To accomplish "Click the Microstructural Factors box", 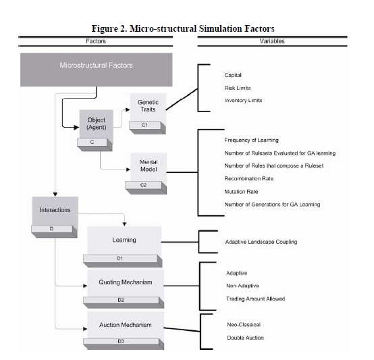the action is click(97, 70).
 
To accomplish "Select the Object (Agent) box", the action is click(97, 126).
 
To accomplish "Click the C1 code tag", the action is click(144, 125).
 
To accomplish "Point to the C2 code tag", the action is click(144, 185).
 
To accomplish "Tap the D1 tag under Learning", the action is click(120, 258).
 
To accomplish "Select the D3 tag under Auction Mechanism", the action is click(121, 341).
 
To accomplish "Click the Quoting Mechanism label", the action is click(126, 282).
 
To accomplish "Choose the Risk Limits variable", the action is click(238, 88).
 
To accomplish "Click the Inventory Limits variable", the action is click(243, 101).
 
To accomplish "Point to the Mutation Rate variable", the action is click(241, 192).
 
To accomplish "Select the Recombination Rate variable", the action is click(249, 178).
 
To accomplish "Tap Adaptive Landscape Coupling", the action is click(261, 242).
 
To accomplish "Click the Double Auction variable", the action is click(246, 338).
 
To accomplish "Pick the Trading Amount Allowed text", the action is click(256, 299).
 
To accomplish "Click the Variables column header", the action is click(272, 41).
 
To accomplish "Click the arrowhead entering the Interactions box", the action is click(55, 195).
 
